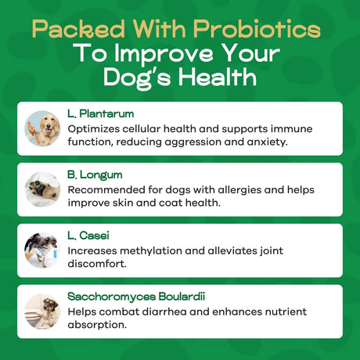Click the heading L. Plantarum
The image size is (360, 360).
click(x=95, y=113)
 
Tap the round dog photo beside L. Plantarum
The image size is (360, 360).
click(x=42, y=128)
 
